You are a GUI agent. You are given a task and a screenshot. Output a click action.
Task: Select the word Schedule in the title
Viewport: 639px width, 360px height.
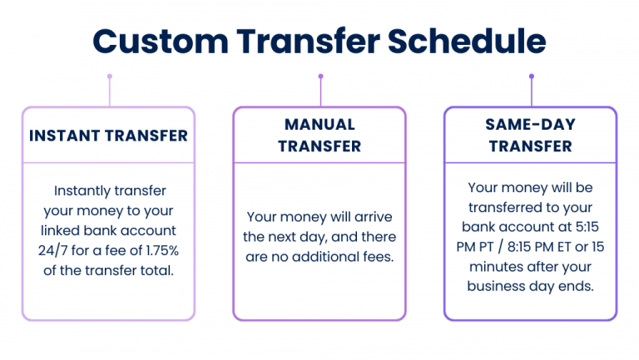tap(469, 42)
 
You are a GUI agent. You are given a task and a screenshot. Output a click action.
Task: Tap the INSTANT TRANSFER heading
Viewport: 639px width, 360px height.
tap(108, 136)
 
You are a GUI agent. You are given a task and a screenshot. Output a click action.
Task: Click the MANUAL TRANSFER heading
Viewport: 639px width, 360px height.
tap(319, 136)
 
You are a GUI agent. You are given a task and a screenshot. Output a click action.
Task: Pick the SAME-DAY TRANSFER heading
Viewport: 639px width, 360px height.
tap(530, 136)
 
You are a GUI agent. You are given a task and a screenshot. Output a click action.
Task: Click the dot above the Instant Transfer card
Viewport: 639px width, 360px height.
tap(109, 76)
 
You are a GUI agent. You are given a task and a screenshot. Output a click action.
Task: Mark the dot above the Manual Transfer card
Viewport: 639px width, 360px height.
tap(320, 76)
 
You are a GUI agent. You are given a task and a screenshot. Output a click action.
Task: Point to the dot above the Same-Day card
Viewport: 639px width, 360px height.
tap(532, 76)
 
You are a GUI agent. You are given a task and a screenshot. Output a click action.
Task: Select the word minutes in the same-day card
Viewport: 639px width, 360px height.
tap(493, 266)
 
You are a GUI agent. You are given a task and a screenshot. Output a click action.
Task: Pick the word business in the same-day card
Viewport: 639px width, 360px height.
tap(501, 286)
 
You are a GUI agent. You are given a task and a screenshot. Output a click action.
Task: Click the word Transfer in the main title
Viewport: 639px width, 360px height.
tap(316, 42)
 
